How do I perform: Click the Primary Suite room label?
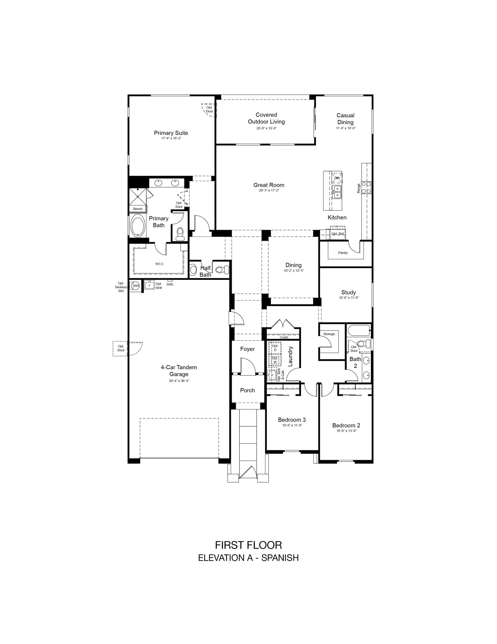click(x=171, y=133)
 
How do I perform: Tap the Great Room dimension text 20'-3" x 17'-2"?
click(x=269, y=190)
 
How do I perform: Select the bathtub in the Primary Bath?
click(x=137, y=225)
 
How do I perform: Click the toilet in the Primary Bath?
click(x=180, y=234)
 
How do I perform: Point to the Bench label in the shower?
click(x=138, y=209)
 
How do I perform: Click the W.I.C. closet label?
click(x=160, y=264)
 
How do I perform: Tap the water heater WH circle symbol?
click(x=136, y=285)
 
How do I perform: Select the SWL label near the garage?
click(x=170, y=284)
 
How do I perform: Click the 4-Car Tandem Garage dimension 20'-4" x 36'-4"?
click(x=179, y=381)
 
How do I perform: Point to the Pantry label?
click(x=343, y=253)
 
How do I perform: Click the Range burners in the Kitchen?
click(x=366, y=188)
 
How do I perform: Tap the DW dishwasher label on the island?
click(x=337, y=178)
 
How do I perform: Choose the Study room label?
click(x=349, y=292)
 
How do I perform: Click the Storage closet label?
click(x=329, y=334)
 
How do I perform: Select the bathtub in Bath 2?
click(x=359, y=330)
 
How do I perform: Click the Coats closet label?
click(x=284, y=337)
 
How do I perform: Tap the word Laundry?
click(x=290, y=356)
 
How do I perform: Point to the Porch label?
click(x=247, y=390)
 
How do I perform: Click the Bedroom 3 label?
click(x=292, y=420)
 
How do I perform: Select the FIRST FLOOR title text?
click(x=248, y=545)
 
